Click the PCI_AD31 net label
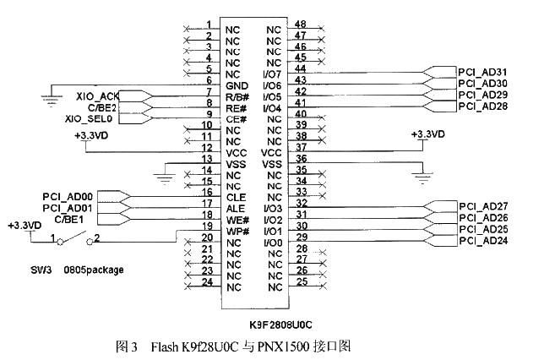pos(482,72)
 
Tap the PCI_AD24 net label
pos(483,241)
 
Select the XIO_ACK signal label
pos(97,96)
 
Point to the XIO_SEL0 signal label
pos(89,118)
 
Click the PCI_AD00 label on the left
pos(68,197)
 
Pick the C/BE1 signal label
pos(69,220)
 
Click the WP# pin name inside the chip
pos(237,232)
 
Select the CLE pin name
pos(236,198)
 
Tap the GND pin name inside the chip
pos(237,85)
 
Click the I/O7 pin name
pos(272,74)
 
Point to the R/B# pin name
pos(237,97)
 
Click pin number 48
pos(301,24)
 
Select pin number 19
pos(208,226)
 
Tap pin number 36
pos(301,159)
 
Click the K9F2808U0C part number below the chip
pos(280,325)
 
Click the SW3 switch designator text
pos(41,270)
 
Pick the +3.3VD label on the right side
pos(427,134)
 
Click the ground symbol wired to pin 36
pos(422,177)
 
